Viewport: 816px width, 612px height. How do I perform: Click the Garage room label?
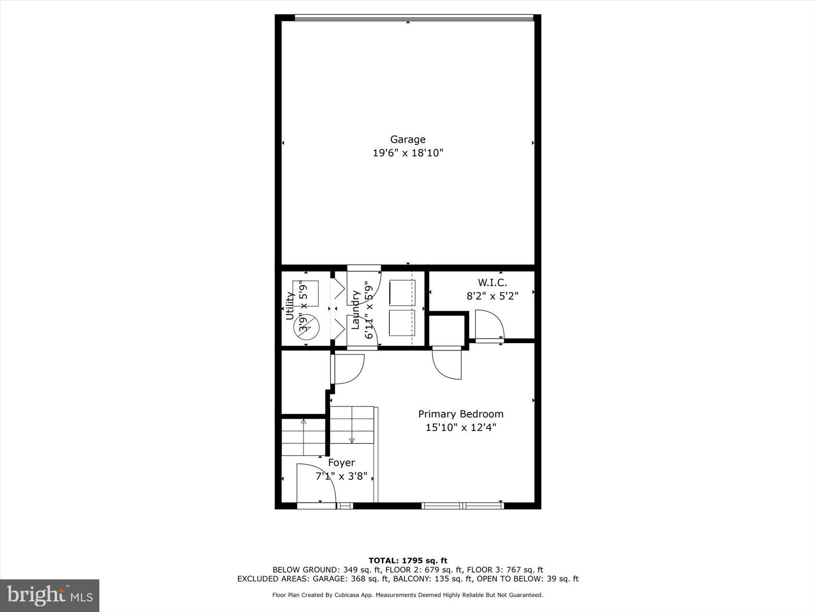tap(408, 139)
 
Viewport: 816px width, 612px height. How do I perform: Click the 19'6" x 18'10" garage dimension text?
tap(408, 153)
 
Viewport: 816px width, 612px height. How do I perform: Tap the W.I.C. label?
tap(492, 283)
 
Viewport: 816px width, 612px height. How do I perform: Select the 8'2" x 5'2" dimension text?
tap(492, 296)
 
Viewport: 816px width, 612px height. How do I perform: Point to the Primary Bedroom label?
tap(460, 414)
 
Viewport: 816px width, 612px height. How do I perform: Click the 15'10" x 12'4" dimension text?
tap(460, 427)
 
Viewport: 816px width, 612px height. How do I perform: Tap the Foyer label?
tap(341, 463)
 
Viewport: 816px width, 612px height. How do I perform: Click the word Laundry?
tap(356, 310)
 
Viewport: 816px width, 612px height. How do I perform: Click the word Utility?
tap(289, 306)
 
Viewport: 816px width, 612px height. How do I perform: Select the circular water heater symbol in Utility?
tap(306, 328)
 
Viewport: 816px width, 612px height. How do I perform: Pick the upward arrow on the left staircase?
tap(303, 422)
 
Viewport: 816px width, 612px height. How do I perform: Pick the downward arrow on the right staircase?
tap(351, 440)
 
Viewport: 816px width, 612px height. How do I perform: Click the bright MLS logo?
tap(50, 595)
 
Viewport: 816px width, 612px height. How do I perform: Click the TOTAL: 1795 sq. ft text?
tap(408, 560)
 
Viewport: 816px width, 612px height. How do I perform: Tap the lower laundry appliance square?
tap(402, 323)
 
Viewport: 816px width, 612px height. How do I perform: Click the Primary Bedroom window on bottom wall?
tap(463, 505)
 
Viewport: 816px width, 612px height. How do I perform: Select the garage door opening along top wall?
tap(414, 18)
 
